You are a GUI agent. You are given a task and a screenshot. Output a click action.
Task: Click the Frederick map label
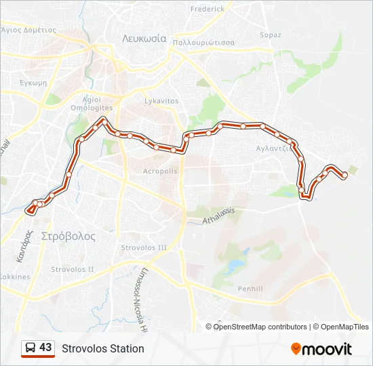pyautogui.click(x=207, y=9)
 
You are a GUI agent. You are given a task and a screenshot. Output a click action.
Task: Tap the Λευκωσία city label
pyautogui.click(x=144, y=39)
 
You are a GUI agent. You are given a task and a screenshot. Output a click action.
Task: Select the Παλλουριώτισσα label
pyautogui.click(x=203, y=42)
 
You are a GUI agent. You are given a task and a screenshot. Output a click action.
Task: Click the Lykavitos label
pyautogui.click(x=161, y=101)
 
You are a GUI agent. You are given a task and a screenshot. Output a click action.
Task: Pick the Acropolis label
pyautogui.click(x=160, y=171)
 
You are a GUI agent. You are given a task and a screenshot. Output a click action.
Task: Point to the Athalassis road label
pyautogui.click(x=218, y=216)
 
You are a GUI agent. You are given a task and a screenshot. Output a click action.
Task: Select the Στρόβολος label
pyautogui.click(x=68, y=237)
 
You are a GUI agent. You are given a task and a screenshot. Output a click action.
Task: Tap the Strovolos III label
pyautogui.click(x=143, y=248)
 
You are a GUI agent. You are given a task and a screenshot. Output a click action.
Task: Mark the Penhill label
pyautogui.click(x=250, y=289)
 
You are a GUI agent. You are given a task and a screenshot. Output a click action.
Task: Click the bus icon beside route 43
pyautogui.click(x=30, y=348)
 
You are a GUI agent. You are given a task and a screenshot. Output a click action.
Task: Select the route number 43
pyautogui.click(x=45, y=348)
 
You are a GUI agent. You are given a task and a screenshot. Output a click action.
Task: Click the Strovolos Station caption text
pyautogui.click(x=103, y=348)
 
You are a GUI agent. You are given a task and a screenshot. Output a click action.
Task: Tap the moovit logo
pyautogui.click(x=321, y=349)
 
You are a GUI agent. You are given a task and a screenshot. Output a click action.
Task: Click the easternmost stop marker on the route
pyautogui.click(x=345, y=176)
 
